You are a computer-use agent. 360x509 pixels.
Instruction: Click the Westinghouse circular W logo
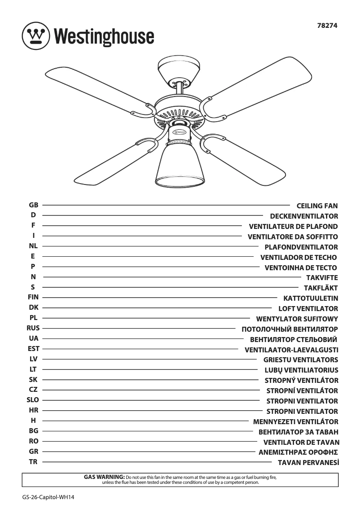click(x=35, y=35)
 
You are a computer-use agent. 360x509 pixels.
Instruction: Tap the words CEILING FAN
click(x=317, y=206)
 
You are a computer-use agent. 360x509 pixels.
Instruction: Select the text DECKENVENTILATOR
click(x=304, y=216)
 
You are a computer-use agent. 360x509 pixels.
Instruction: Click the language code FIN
click(x=33, y=297)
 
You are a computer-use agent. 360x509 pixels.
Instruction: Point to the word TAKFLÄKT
click(x=320, y=288)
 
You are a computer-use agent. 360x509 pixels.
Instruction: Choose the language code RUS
click(x=33, y=328)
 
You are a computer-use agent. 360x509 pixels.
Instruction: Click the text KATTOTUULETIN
click(x=311, y=298)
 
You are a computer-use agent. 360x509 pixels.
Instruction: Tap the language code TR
click(x=33, y=461)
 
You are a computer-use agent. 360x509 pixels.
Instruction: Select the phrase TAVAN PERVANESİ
click(x=308, y=462)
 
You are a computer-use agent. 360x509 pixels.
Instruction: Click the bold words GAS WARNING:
click(x=104, y=476)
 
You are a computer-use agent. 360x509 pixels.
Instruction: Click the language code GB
click(x=33, y=205)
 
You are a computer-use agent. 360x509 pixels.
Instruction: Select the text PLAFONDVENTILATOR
click(x=301, y=247)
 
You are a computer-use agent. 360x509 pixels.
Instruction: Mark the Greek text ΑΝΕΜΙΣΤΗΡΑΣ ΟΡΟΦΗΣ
click(x=298, y=452)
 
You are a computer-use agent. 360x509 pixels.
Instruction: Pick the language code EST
click(x=33, y=349)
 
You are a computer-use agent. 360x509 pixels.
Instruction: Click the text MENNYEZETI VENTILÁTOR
click(x=296, y=422)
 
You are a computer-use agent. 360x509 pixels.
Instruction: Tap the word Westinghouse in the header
click(x=104, y=36)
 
